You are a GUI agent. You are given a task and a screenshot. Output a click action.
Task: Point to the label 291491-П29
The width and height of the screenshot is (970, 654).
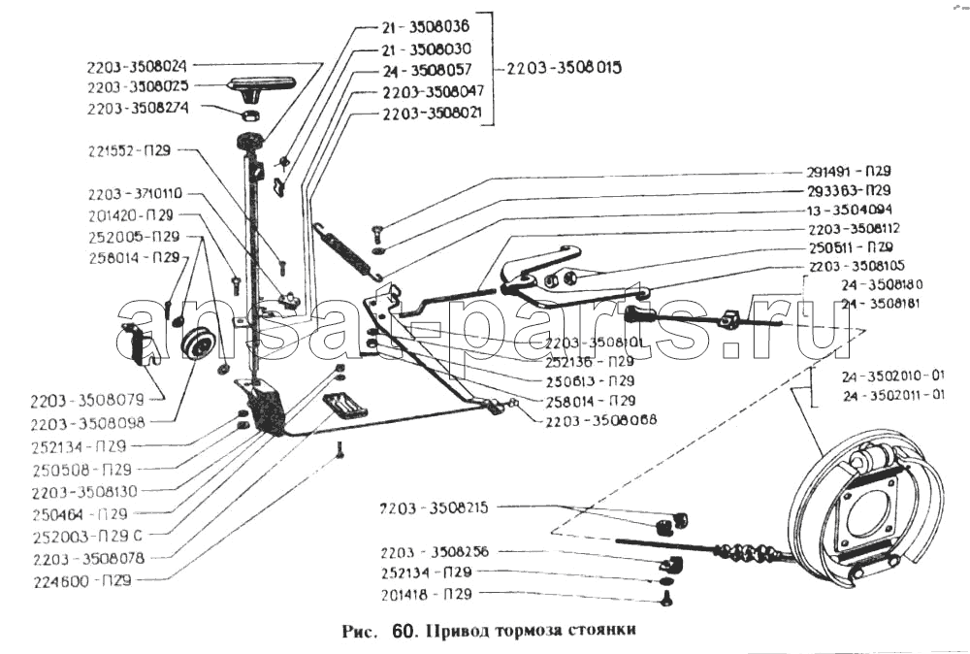[x=849, y=170]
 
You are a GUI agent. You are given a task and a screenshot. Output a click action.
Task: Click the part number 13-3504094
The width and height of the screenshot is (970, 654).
[x=849, y=210]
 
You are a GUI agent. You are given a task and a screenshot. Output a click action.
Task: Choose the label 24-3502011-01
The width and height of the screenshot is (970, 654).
[x=892, y=395]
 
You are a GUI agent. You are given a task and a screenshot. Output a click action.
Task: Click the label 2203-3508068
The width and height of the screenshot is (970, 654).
[x=601, y=420]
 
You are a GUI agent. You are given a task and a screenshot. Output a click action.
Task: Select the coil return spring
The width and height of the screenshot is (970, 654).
[x=345, y=247]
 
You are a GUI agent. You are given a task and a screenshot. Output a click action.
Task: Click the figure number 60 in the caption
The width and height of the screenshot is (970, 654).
[x=403, y=630]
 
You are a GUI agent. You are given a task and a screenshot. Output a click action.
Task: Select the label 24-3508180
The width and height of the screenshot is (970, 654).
[x=883, y=284]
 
